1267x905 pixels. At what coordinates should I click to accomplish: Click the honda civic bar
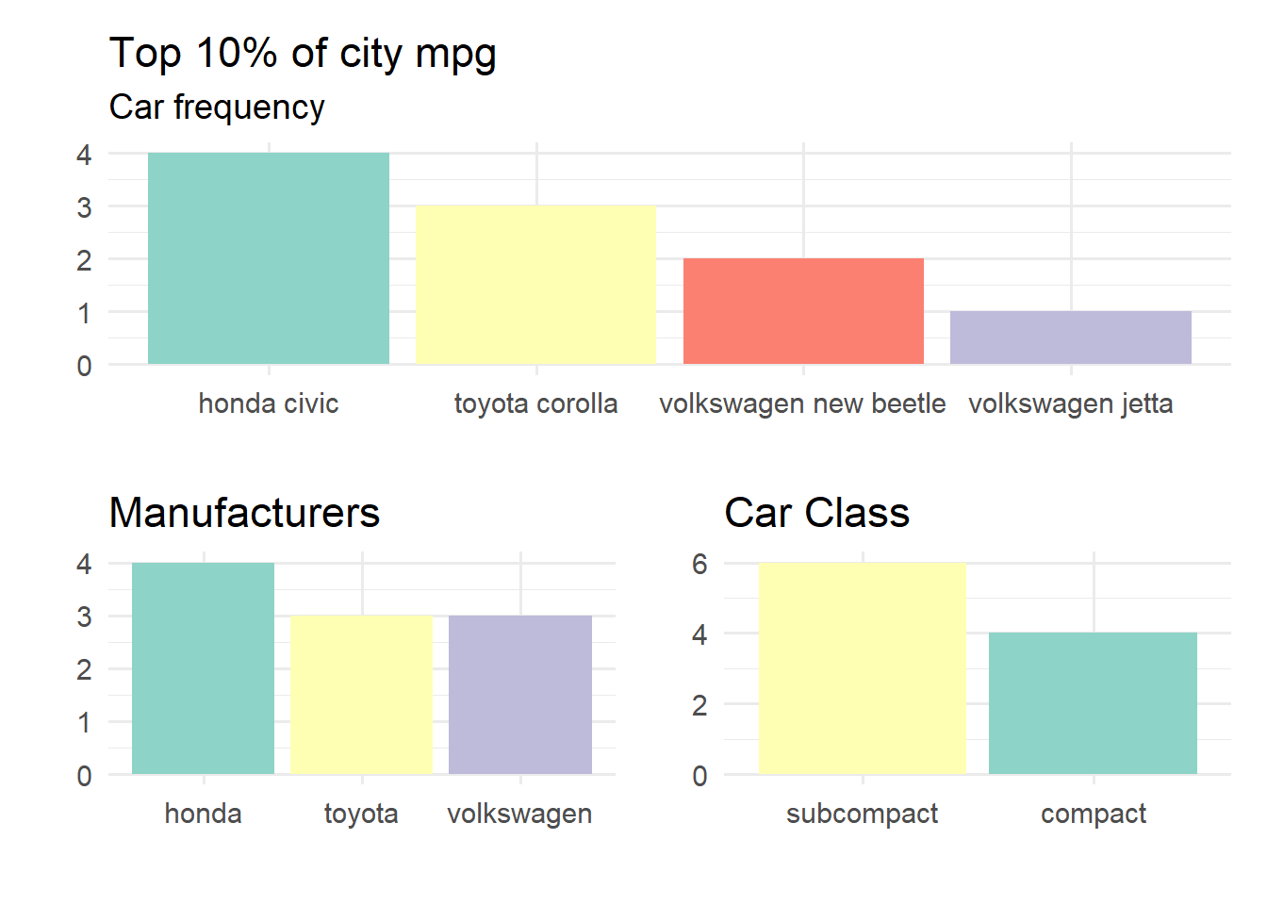coord(269,258)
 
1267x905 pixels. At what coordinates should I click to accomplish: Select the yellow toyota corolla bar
coord(535,285)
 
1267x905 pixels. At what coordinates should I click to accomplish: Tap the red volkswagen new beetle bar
coord(803,311)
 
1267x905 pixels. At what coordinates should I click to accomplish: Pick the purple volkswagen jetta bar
coord(1071,337)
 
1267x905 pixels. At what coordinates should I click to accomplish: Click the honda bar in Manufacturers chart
coord(203,668)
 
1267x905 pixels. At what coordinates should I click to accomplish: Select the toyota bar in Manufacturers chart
coord(361,695)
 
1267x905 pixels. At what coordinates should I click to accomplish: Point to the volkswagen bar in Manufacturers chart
coord(520,695)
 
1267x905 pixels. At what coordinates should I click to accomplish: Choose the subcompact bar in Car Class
coord(863,668)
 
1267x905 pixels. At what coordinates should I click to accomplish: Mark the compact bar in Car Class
coord(1094,703)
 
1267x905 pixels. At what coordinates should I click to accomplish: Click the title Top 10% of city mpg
coord(303,53)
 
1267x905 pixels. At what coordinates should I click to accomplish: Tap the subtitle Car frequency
coord(217,107)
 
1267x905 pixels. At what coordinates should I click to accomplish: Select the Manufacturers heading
coord(244,513)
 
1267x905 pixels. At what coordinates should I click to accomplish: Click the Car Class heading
coord(816,513)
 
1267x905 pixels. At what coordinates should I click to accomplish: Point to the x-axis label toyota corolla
coord(535,403)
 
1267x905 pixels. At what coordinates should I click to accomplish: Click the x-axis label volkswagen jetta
coord(1071,403)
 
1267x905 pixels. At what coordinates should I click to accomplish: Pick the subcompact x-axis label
coord(863,814)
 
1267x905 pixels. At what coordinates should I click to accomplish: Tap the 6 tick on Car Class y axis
coord(699,564)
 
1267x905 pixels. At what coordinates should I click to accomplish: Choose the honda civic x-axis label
coord(269,403)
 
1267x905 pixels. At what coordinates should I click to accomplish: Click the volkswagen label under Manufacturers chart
coord(520,814)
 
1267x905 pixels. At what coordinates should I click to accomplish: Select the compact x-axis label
coord(1094,814)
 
